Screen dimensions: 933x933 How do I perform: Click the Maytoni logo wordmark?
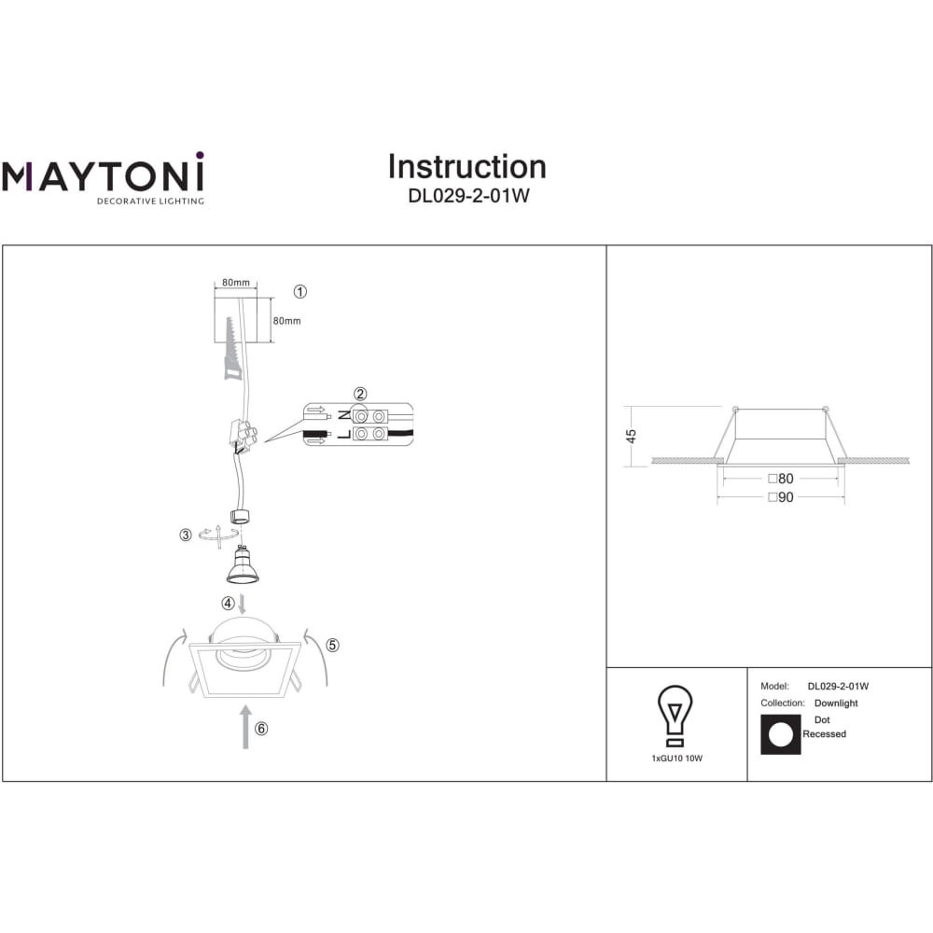coord(103,174)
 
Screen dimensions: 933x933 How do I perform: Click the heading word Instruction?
coord(467,167)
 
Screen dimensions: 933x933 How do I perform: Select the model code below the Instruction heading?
coord(468,196)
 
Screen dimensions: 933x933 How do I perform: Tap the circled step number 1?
coord(300,291)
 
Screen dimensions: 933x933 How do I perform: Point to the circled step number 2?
coord(360,394)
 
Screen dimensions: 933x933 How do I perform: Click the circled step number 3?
coord(186,535)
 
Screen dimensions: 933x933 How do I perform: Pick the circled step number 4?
coord(228,604)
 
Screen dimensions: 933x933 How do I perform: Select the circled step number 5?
coord(333,645)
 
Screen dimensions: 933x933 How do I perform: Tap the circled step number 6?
coord(261,729)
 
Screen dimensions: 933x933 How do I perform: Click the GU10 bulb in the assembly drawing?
coord(242,564)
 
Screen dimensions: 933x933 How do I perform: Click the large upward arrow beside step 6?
coord(245,727)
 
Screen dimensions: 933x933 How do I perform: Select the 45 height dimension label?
coord(632,436)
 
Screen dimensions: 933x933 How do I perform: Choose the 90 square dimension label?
coord(781,497)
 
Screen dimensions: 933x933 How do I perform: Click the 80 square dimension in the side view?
coord(781,479)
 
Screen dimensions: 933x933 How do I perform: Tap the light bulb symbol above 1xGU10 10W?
coord(675,716)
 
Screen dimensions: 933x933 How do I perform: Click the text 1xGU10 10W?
coord(676,759)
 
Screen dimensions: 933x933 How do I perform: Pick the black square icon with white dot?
coord(781,735)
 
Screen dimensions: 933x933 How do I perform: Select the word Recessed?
coord(824,734)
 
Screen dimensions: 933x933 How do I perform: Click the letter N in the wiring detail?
coord(344,416)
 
